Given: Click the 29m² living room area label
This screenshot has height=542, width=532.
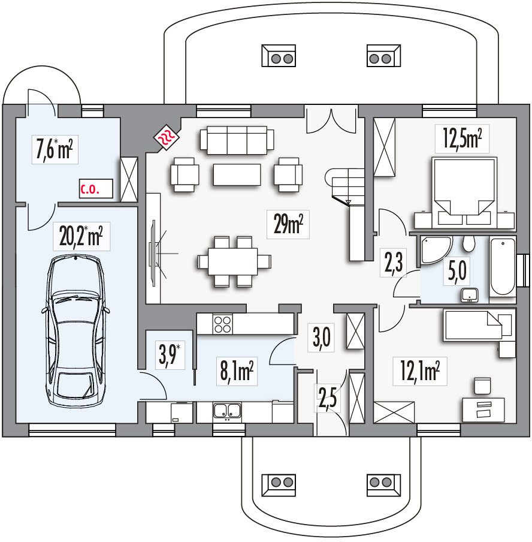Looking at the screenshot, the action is pos(288,224).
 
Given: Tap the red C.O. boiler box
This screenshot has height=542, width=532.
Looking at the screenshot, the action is pos(96,189).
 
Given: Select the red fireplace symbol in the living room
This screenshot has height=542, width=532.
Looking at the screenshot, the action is pos(167,138).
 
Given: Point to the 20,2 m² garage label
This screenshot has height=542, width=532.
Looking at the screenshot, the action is pos(81,236).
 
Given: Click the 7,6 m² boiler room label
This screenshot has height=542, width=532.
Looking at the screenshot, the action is pos(55,150).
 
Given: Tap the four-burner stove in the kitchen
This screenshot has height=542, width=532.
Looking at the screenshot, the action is pos(222,324).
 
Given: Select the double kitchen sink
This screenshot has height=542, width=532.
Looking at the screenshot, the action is pos(227,410).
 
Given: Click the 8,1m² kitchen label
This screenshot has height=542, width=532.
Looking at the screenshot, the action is pos(237,371).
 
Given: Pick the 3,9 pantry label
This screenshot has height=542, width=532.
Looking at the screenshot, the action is pos(170,356).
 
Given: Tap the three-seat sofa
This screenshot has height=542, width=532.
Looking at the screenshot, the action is pos(237,140).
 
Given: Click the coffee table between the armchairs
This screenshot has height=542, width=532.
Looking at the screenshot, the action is pos(237,174).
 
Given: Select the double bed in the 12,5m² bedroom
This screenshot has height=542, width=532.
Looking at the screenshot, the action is pos(464,193).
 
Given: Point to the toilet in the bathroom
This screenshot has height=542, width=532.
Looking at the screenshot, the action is pos(468,243).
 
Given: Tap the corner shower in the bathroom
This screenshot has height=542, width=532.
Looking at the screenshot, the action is pos(436,251).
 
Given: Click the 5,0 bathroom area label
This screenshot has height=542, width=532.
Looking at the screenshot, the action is pos(457,270).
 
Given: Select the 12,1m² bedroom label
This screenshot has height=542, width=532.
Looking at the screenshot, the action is pos(420,371).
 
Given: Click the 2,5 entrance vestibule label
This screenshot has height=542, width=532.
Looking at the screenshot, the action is pos(328,398).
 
